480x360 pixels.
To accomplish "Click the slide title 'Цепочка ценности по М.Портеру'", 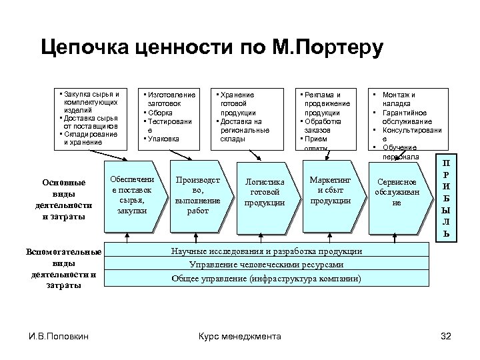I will (x=211, y=48).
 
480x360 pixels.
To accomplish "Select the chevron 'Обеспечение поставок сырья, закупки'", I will (x=131, y=196).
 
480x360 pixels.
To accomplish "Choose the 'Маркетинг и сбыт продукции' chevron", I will (x=331, y=191).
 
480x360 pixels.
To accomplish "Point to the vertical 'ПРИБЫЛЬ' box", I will (x=447, y=199).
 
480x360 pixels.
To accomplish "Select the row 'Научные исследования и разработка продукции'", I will (x=267, y=251).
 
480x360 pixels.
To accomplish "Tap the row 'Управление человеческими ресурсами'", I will (x=267, y=264).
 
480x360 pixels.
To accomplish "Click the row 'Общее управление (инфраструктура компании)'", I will (x=267, y=278).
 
